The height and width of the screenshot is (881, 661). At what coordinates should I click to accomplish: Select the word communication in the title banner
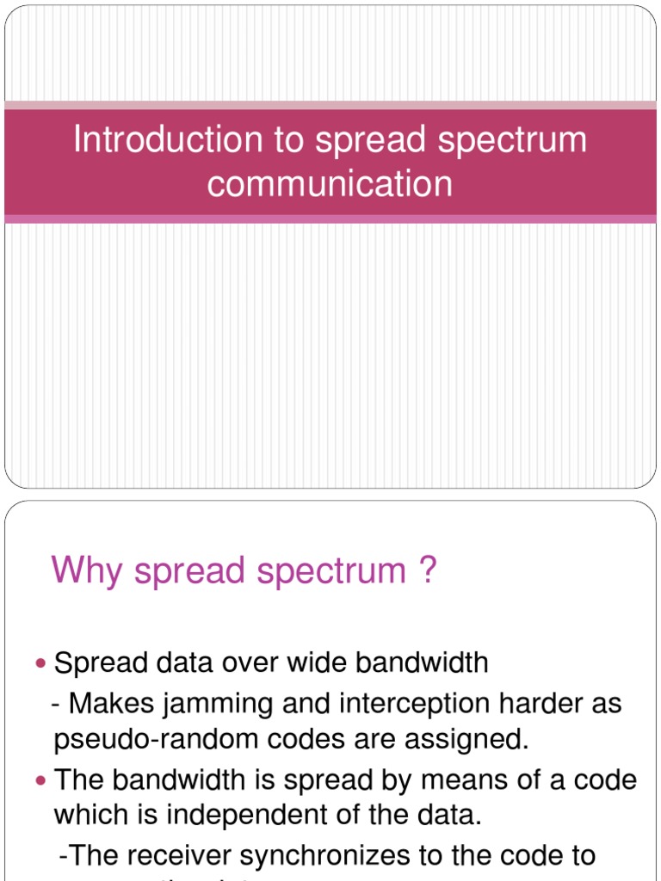coord(330,184)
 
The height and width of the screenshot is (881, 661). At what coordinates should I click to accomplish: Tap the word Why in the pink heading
coord(82,570)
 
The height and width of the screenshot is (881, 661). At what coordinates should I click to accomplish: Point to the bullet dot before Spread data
coord(43,663)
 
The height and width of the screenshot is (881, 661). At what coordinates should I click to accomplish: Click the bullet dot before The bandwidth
coord(43,781)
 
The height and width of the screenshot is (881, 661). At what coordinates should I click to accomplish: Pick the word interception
coord(410,704)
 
